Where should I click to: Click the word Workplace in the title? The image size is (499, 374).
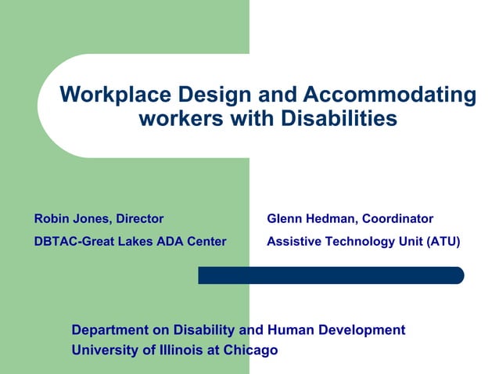click(x=114, y=95)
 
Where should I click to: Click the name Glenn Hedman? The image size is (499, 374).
click(x=311, y=218)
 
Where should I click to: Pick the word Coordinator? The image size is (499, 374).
click(x=397, y=218)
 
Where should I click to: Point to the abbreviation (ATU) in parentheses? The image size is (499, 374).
click(x=443, y=242)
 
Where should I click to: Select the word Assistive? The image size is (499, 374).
click(x=294, y=242)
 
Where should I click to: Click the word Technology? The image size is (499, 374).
click(x=359, y=242)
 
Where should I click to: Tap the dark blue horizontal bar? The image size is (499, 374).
click(x=330, y=275)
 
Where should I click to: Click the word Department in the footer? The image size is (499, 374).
click(x=110, y=330)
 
